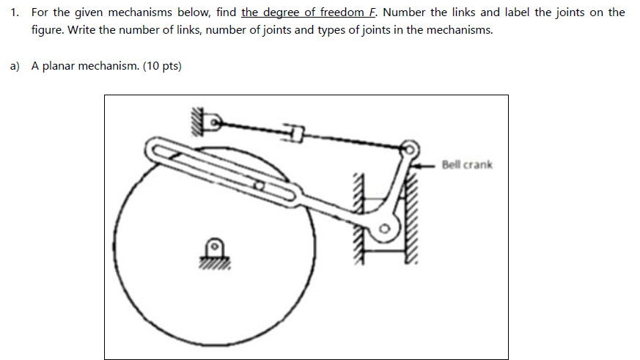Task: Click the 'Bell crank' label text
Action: coord(467,164)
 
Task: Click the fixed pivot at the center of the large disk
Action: coord(213,246)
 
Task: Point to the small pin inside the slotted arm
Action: coord(259,186)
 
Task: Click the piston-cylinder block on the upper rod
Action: coord(296,133)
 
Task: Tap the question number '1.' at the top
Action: coord(15,12)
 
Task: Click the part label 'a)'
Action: coord(15,66)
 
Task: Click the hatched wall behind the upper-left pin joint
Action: coord(196,122)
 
